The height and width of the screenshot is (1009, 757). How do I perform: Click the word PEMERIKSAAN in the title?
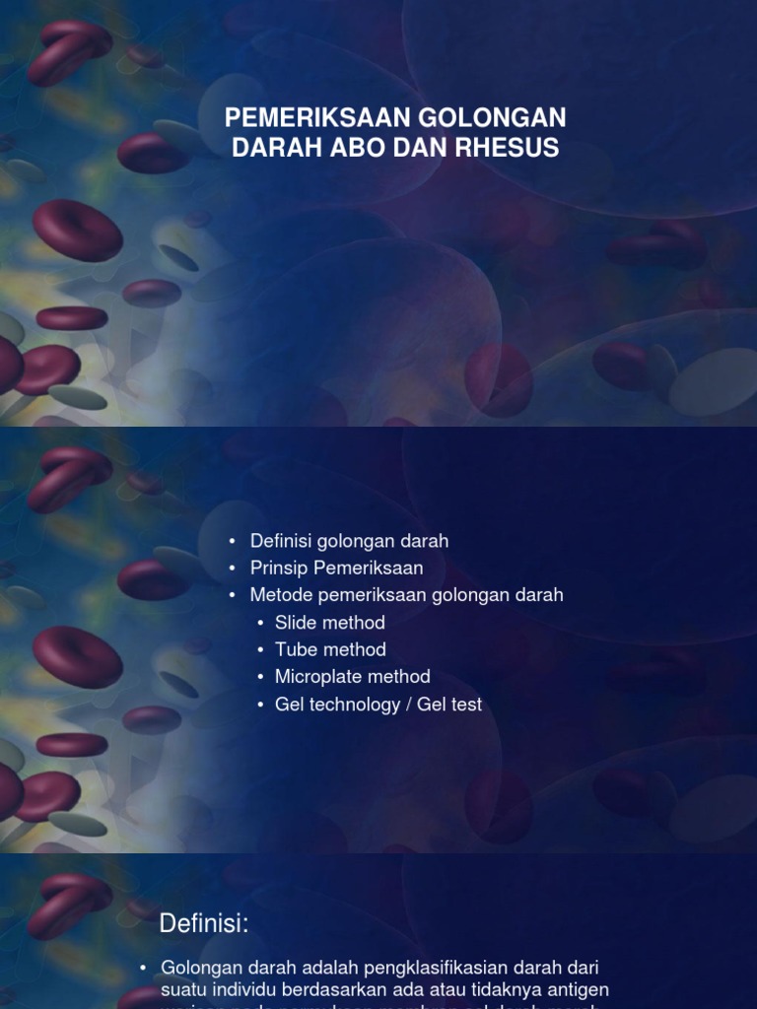pyautogui.click(x=317, y=118)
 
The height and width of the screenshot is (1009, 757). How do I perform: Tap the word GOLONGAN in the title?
pyautogui.click(x=494, y=118)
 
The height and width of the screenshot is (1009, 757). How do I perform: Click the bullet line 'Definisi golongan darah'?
pyautogui.click(x=349, y=541)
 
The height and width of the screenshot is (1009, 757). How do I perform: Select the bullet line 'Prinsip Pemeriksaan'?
pyautogui.click(x=336, y=568)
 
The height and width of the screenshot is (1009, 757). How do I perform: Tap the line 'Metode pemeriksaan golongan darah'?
pyautogui.click(x=406, y=595)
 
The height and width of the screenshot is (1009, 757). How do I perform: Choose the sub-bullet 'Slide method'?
pyautogui.click(x=330, y=623)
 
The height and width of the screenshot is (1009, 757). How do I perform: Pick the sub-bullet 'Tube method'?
pyautogui.click(x=330, y=649)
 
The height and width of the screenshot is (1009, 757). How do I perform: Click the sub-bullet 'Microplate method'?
pyautogui.click(x=353, y=677)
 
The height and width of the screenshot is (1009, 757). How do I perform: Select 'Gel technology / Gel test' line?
pyautogui.click(x=378, y=705)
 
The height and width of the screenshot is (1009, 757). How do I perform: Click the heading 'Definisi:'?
pyautogui.click(x=204, y=924)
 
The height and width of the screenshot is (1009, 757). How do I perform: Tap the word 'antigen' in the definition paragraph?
pyautogui.click(x=578, y=988)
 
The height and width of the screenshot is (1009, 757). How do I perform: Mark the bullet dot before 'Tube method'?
pyautogui.click(x=261, y=650)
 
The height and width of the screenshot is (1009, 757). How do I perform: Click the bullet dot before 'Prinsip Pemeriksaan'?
pyautogui.click(x=233, y=569)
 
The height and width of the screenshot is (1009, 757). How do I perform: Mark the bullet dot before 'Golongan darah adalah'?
pyautogui.click(x=144, y=969)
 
